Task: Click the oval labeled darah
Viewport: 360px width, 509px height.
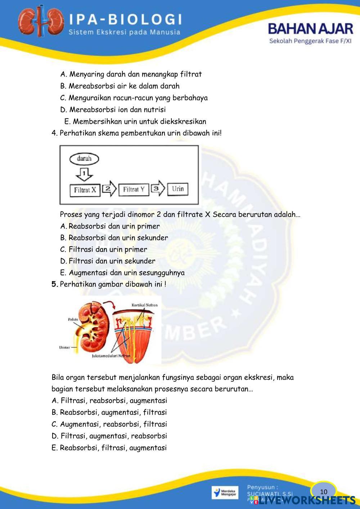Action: pyautogui.click(x=84, y=158)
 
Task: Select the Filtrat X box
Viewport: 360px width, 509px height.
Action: pyautogui.click(x=85, y=190)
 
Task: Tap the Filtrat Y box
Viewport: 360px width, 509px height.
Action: pyautogui.click(x=134, y=189)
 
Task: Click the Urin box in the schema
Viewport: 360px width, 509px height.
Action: pyautogui.click(x=177, y=189)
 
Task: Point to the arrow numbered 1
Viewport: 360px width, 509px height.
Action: pyautogui.click(x=84, y=175)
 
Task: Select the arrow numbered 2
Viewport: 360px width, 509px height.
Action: pyautogui.click(x=109, y=189)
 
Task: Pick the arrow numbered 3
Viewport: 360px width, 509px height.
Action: pyautogui.click(x=158, y=188)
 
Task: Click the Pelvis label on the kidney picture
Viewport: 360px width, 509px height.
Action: pyautogui.click(x=73, y=319)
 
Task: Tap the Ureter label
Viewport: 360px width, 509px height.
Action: pyautogui.click(x=64, y=347)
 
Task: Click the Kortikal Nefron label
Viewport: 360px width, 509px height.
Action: pyautogui.click(x=144, y=305)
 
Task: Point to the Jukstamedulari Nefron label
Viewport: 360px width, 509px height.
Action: pyautogui.click(x=111, y=356)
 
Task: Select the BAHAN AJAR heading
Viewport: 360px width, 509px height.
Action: pyautogui.click(x=310, y=29)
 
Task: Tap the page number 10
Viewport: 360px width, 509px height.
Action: pyautogui.click(x=324, y=492)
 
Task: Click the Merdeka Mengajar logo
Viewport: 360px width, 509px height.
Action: pyautogui.click(x=225, y=492)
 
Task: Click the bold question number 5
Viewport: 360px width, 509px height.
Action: pyautogui.click(x=55, y=284)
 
